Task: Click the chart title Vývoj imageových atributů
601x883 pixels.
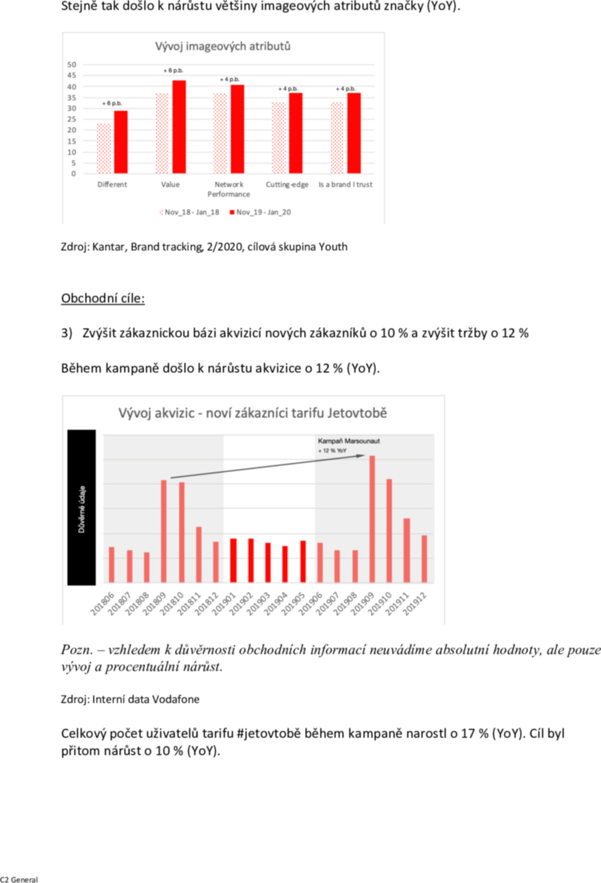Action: click(223, 46)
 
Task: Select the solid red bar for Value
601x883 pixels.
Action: click(179, 127)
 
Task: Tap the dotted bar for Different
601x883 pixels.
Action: click(104, 149)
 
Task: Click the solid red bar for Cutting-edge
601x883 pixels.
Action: click(295, 133)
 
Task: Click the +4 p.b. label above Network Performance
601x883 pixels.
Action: click(230, 79)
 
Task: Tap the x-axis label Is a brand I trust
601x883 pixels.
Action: click(345, 185)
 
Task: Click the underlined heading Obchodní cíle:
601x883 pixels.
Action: click(103, 299)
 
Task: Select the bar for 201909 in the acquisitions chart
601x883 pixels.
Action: click(372, 519)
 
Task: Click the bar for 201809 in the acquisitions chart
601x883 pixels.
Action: click(164, 531)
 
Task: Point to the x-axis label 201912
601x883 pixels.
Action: click(415, 604)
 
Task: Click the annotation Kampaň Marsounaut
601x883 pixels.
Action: click(349, 441)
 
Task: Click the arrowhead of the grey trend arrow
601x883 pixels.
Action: click(361, 456)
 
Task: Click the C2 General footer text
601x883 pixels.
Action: click(19, 880)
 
